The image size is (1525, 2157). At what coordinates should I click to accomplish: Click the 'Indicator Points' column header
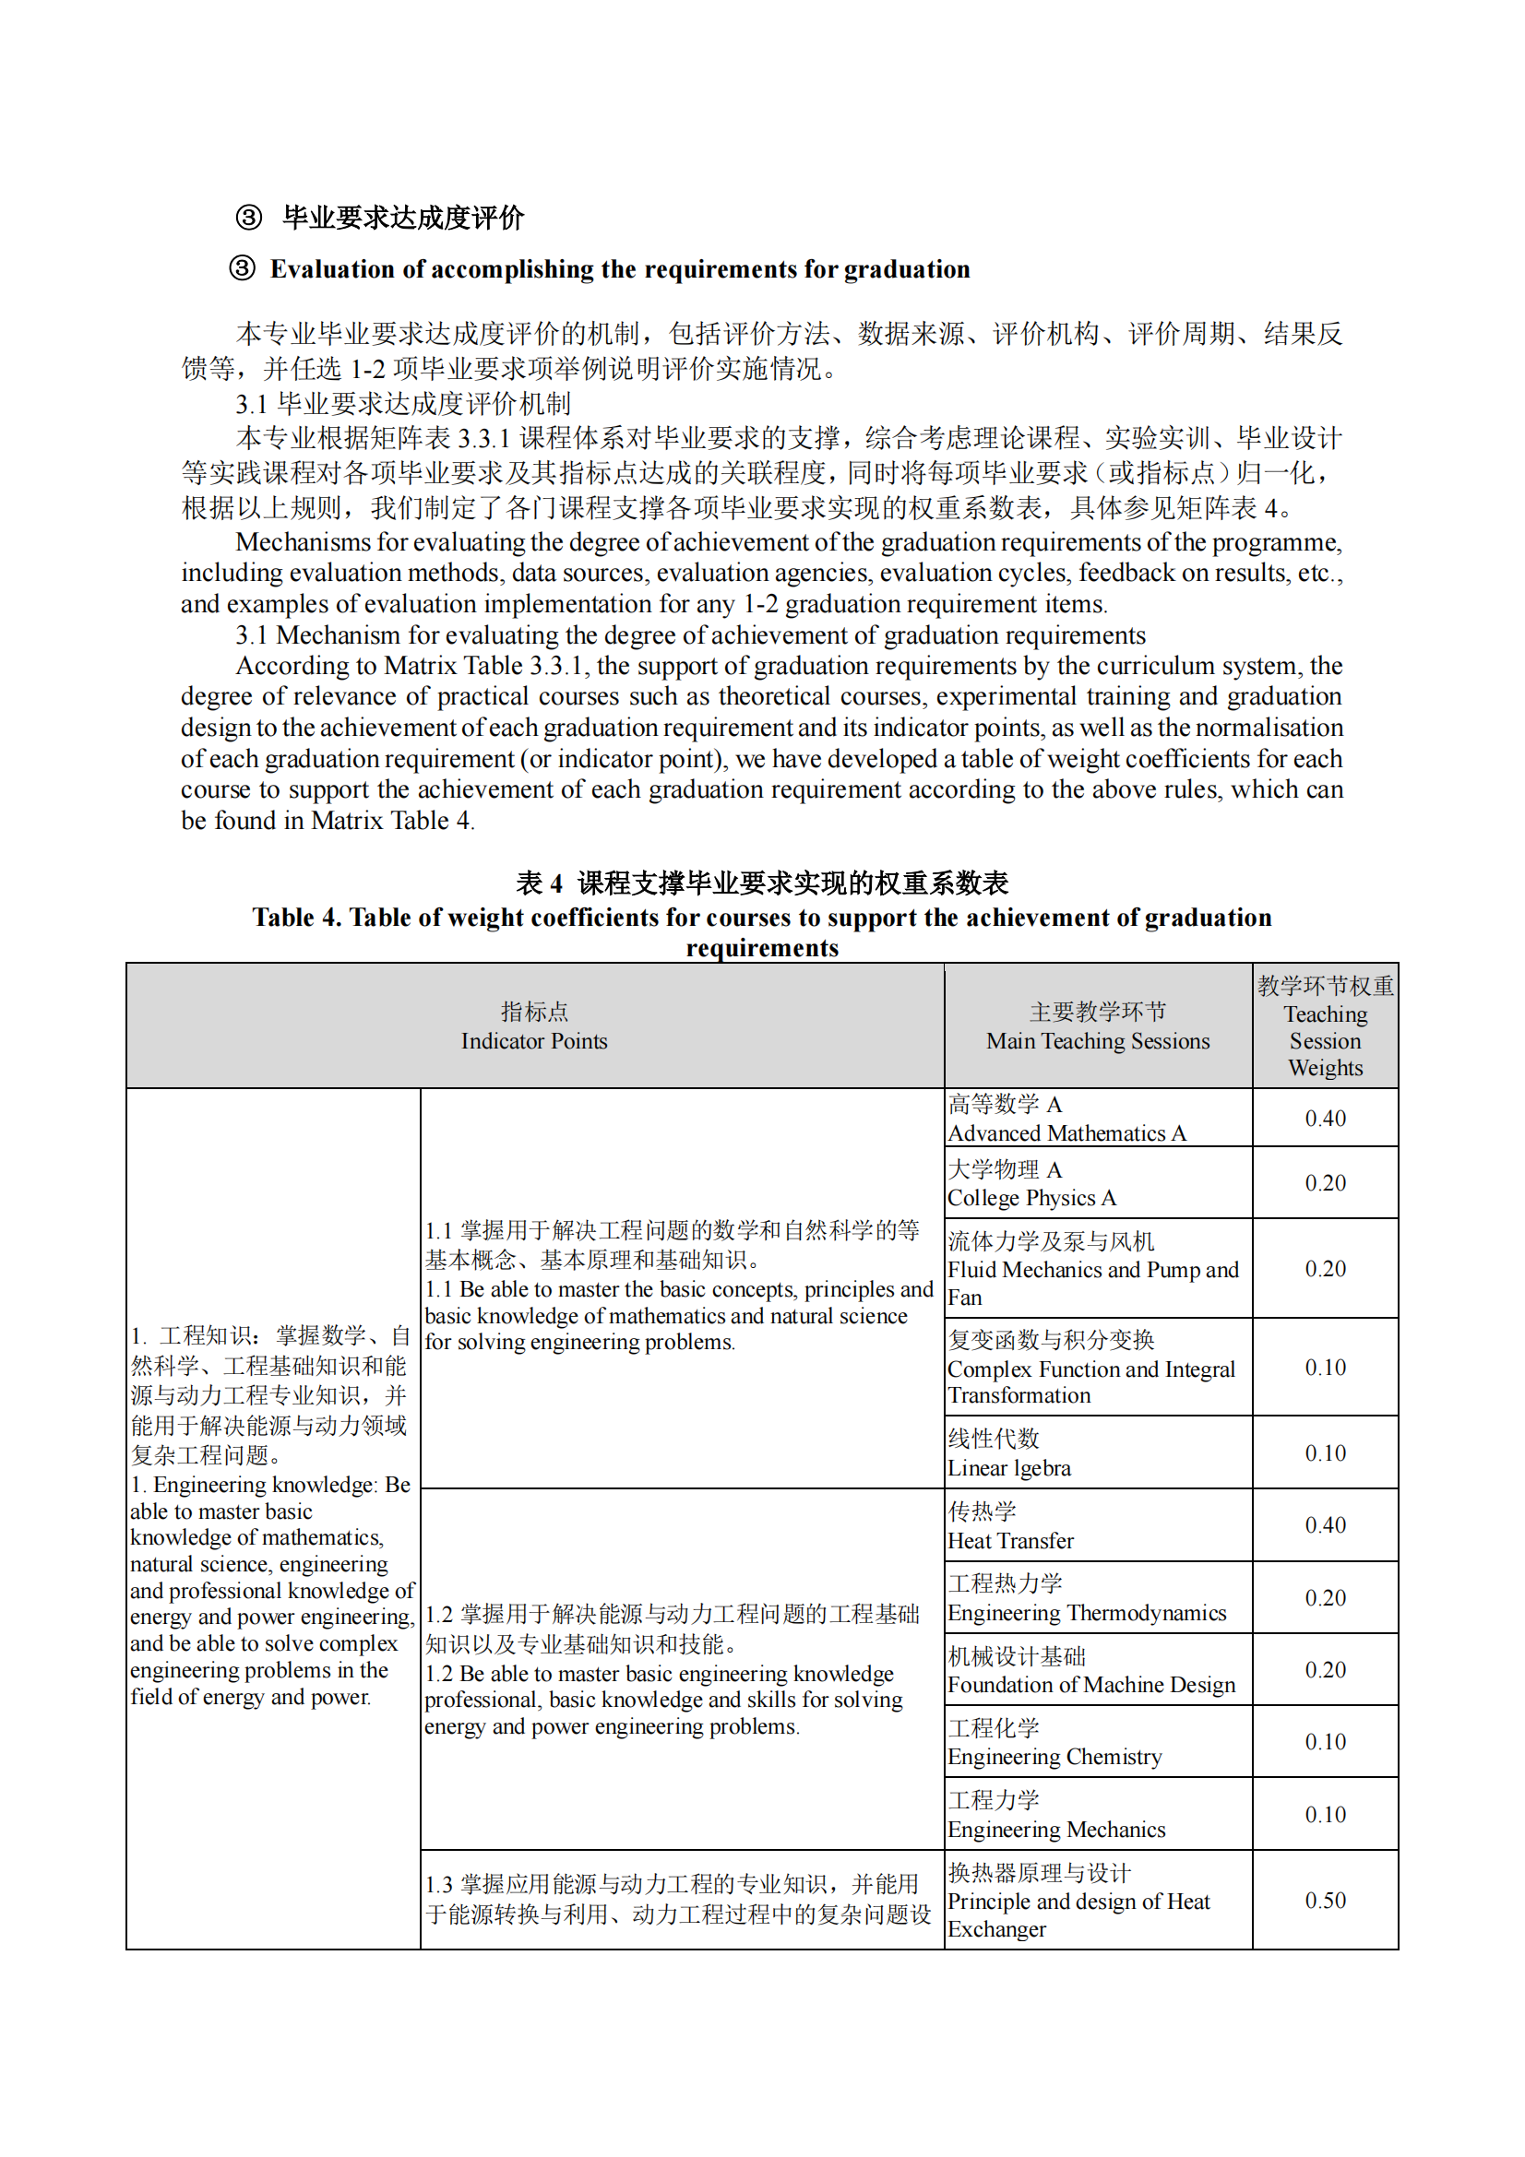click(533, 1025)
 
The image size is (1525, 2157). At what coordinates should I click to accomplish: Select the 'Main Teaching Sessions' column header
click(1098, 1025)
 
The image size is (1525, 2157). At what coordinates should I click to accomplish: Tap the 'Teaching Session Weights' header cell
click(1325, 1025)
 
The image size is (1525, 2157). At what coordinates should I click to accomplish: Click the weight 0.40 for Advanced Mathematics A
click(1325, 1118)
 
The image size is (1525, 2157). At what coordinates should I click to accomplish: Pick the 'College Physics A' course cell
click(1098, 1183)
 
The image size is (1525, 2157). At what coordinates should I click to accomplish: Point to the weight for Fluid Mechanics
click(1325, 1268)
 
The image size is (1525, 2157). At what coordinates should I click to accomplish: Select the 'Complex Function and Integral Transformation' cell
click(1098, 1367)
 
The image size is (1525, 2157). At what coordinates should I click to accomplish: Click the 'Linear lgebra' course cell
click(1098, 1452)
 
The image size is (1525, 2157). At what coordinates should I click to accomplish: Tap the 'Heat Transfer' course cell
click(1098, 1524)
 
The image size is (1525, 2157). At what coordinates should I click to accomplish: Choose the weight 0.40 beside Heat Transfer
click(1325, 1524)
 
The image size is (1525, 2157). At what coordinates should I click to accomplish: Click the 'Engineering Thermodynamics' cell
click(1098, 1597)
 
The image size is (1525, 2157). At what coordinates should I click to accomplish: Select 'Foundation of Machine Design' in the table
click(1098, 1669)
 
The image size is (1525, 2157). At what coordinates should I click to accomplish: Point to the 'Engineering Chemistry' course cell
click(1098, 1742)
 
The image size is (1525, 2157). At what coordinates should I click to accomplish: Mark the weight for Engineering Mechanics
click(1325, 1814)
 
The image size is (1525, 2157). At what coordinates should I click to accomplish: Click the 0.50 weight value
click(1325, 1900)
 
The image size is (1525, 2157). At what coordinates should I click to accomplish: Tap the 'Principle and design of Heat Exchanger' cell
click(1098, 1900)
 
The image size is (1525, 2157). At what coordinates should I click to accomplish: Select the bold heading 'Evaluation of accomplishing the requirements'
click(620, 269)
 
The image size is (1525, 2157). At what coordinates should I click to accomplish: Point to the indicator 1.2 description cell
click(681, 1668)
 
